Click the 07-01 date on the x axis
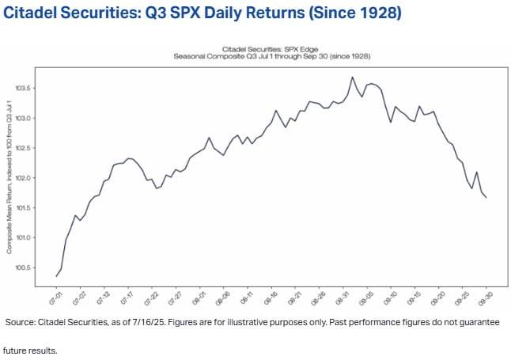point(53,299)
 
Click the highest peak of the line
point(351,77)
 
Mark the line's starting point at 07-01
point(57,275)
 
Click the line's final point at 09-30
point(486,197)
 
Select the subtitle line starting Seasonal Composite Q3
point(272,57)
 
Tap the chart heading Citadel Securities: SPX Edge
point(272,49)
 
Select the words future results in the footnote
point(31,349)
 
